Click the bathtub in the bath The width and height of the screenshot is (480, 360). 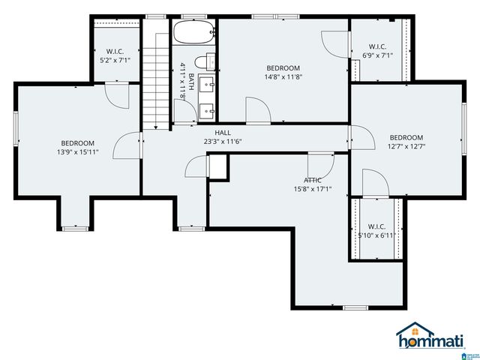195,33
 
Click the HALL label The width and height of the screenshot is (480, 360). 223,132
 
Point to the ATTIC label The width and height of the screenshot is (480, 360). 313,180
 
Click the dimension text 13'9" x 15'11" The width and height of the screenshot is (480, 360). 78,152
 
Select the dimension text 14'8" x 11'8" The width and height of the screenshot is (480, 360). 283,77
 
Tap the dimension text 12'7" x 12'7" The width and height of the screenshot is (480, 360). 406,147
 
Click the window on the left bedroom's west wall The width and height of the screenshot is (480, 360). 16,127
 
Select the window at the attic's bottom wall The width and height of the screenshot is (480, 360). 355,307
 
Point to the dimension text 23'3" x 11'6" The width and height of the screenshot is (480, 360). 223,141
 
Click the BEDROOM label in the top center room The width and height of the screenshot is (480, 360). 283,68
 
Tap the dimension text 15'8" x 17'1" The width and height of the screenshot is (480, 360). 313,189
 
